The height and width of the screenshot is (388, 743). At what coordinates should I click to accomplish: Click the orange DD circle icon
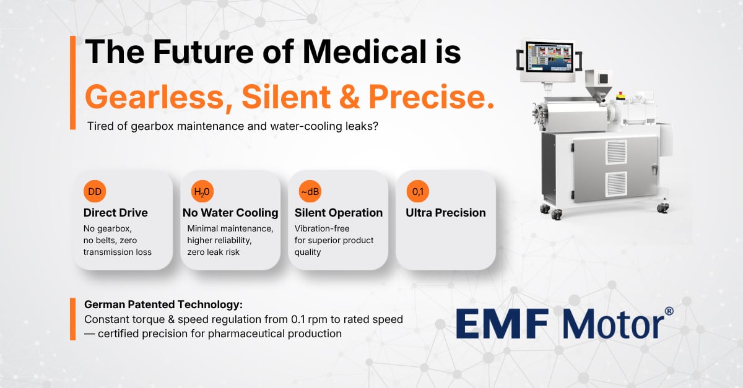tap(95, 192)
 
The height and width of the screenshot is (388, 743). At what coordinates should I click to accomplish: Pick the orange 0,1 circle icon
tap(417, 192)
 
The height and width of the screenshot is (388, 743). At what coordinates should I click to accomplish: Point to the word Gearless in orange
tap(158, 97)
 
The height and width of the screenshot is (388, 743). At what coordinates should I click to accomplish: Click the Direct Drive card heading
tap(116, 213)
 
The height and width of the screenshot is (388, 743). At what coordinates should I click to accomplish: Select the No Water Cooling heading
tap(230, 213)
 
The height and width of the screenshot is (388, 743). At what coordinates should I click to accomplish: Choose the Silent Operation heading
tap(339, 213)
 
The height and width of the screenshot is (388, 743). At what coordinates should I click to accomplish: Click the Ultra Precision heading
tap(446, 213)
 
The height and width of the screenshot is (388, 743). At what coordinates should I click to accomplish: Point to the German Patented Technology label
tap(163, 305)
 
